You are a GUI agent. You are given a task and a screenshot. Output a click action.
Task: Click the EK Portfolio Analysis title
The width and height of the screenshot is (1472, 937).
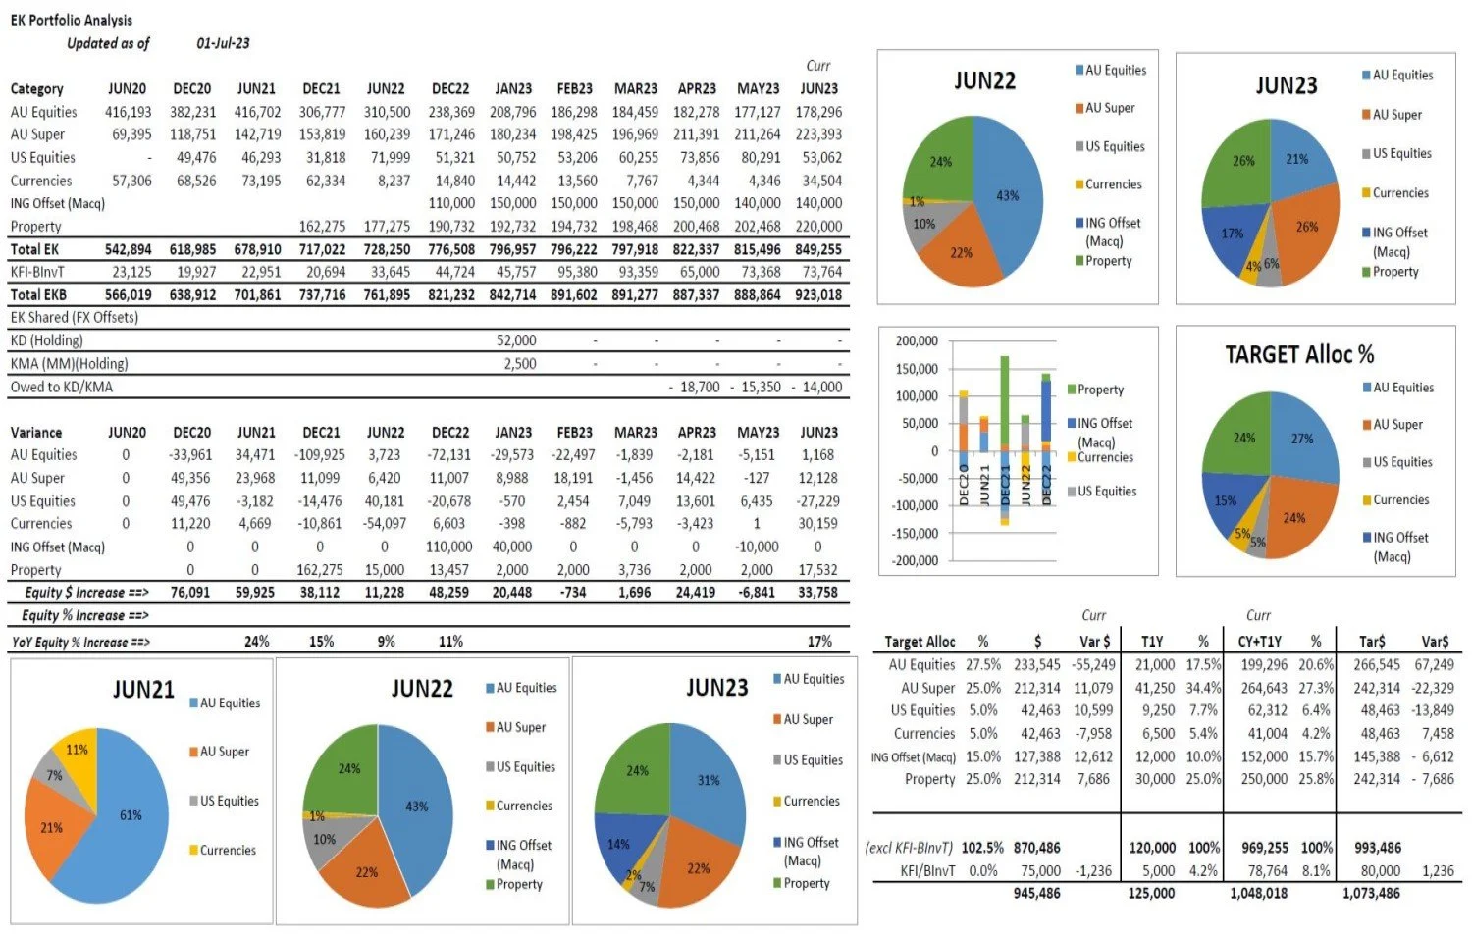71,20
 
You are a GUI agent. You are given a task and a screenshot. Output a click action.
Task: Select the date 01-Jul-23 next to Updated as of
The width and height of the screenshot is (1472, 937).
223,43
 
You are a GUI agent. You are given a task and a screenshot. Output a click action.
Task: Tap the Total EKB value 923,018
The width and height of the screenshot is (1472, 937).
818,294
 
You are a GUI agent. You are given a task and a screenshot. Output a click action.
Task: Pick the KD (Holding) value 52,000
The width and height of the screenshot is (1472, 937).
516,340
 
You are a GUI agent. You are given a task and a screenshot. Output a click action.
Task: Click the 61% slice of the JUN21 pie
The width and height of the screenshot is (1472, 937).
123,819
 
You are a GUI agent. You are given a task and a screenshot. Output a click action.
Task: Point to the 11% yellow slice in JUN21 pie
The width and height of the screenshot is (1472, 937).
77,750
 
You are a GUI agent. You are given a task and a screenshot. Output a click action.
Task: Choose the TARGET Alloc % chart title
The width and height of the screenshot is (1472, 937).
1299,354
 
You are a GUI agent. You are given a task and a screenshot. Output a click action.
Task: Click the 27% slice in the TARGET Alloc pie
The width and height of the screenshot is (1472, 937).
1302,439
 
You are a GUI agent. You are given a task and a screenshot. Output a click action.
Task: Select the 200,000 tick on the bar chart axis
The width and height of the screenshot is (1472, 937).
917,340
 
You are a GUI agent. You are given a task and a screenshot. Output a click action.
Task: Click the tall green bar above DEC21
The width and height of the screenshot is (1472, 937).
1005,402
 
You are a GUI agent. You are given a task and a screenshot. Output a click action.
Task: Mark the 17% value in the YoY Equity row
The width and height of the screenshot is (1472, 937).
819,642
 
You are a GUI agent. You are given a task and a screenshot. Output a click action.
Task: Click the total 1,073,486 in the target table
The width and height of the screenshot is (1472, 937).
1371,894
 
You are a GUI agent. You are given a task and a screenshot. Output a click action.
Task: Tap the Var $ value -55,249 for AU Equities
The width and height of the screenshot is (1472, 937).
1092,664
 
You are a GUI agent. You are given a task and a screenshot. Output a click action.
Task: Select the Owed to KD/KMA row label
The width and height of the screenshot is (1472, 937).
61,387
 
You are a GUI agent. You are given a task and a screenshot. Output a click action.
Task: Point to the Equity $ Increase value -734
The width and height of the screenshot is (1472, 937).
573,593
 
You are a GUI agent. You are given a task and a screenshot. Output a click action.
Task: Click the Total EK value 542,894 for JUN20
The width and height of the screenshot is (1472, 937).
128,249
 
